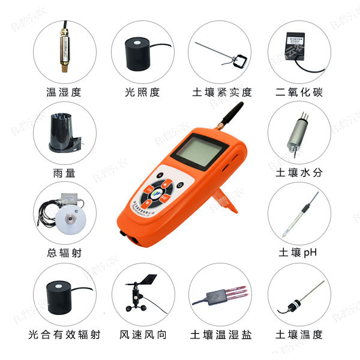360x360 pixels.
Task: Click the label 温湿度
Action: pyautogui.click(x=63, y=92)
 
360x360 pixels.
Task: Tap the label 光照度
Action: pyautogui.click(x=142, y=92)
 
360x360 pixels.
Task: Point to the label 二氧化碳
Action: pyautogui.click(x=298, y=92)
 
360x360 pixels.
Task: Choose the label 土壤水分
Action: pyautogui.click(x=298, y=173)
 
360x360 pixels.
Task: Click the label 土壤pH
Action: pyautogui.click(x=298, y=253)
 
